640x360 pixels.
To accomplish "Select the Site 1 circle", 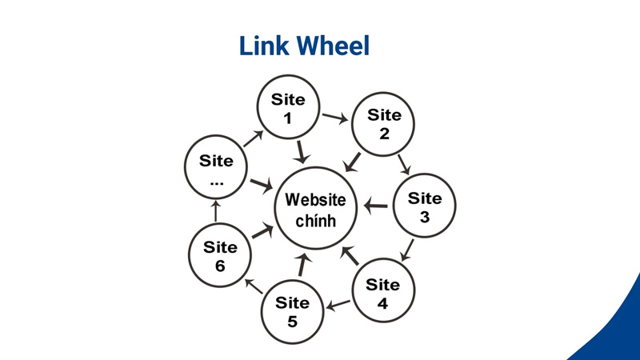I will [x=288, y=110].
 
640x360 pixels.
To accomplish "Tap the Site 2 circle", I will [x=384, y=124].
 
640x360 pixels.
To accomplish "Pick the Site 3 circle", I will [x=424, y=207].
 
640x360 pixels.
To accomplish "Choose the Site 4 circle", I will [x=382, y=294].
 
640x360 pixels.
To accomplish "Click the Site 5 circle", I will [x=292, y=312].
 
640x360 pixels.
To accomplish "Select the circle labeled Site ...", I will [x=216, y=170].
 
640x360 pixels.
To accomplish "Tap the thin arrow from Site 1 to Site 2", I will [x=335, y=118].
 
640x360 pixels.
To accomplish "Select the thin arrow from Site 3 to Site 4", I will [x=407, y=251].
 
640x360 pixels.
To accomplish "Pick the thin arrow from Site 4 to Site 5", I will [x=338, y=304].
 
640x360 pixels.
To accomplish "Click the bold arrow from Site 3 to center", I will [x=376, y=206].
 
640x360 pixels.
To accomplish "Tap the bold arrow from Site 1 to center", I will [x=302, y=151].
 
